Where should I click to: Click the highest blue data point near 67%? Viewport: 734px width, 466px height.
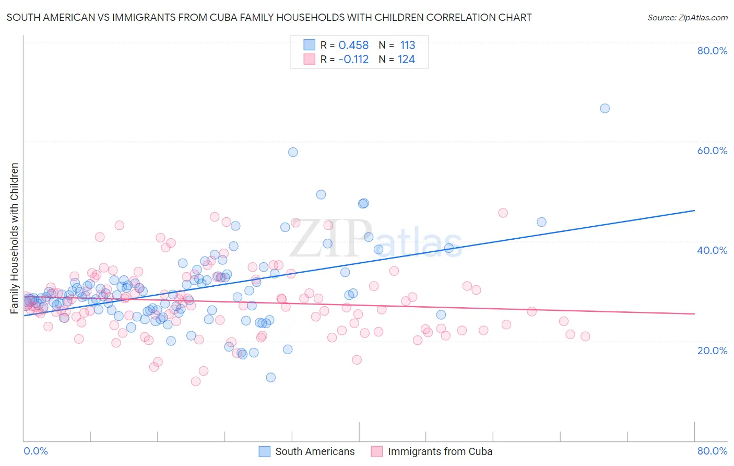(605, 109)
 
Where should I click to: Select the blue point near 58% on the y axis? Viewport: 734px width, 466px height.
(293, 152)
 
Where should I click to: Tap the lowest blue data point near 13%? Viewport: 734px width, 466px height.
(270, 377)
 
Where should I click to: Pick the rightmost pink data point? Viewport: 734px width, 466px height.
(585, 336)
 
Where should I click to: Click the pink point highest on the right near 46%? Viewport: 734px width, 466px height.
(503, 213)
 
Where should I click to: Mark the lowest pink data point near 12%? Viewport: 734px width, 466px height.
(196, 381)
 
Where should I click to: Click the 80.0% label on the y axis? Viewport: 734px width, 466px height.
(712, 51)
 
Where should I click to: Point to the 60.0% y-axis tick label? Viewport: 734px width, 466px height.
(712, 150)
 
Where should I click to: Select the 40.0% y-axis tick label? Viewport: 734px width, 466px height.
(712, 250)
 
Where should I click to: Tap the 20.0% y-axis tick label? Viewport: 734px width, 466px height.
(712, 351)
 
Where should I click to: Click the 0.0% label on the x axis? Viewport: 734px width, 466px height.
(36, 451)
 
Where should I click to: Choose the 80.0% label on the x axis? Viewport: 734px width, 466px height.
(712, 451)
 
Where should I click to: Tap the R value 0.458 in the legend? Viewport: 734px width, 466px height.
(353, 45)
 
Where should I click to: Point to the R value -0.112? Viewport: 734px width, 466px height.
(353, 60)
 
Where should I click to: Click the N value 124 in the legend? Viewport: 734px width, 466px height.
(406, 60)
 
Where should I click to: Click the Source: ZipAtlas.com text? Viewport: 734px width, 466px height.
(687, 18)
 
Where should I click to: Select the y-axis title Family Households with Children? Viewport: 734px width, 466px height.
(15, 238)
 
